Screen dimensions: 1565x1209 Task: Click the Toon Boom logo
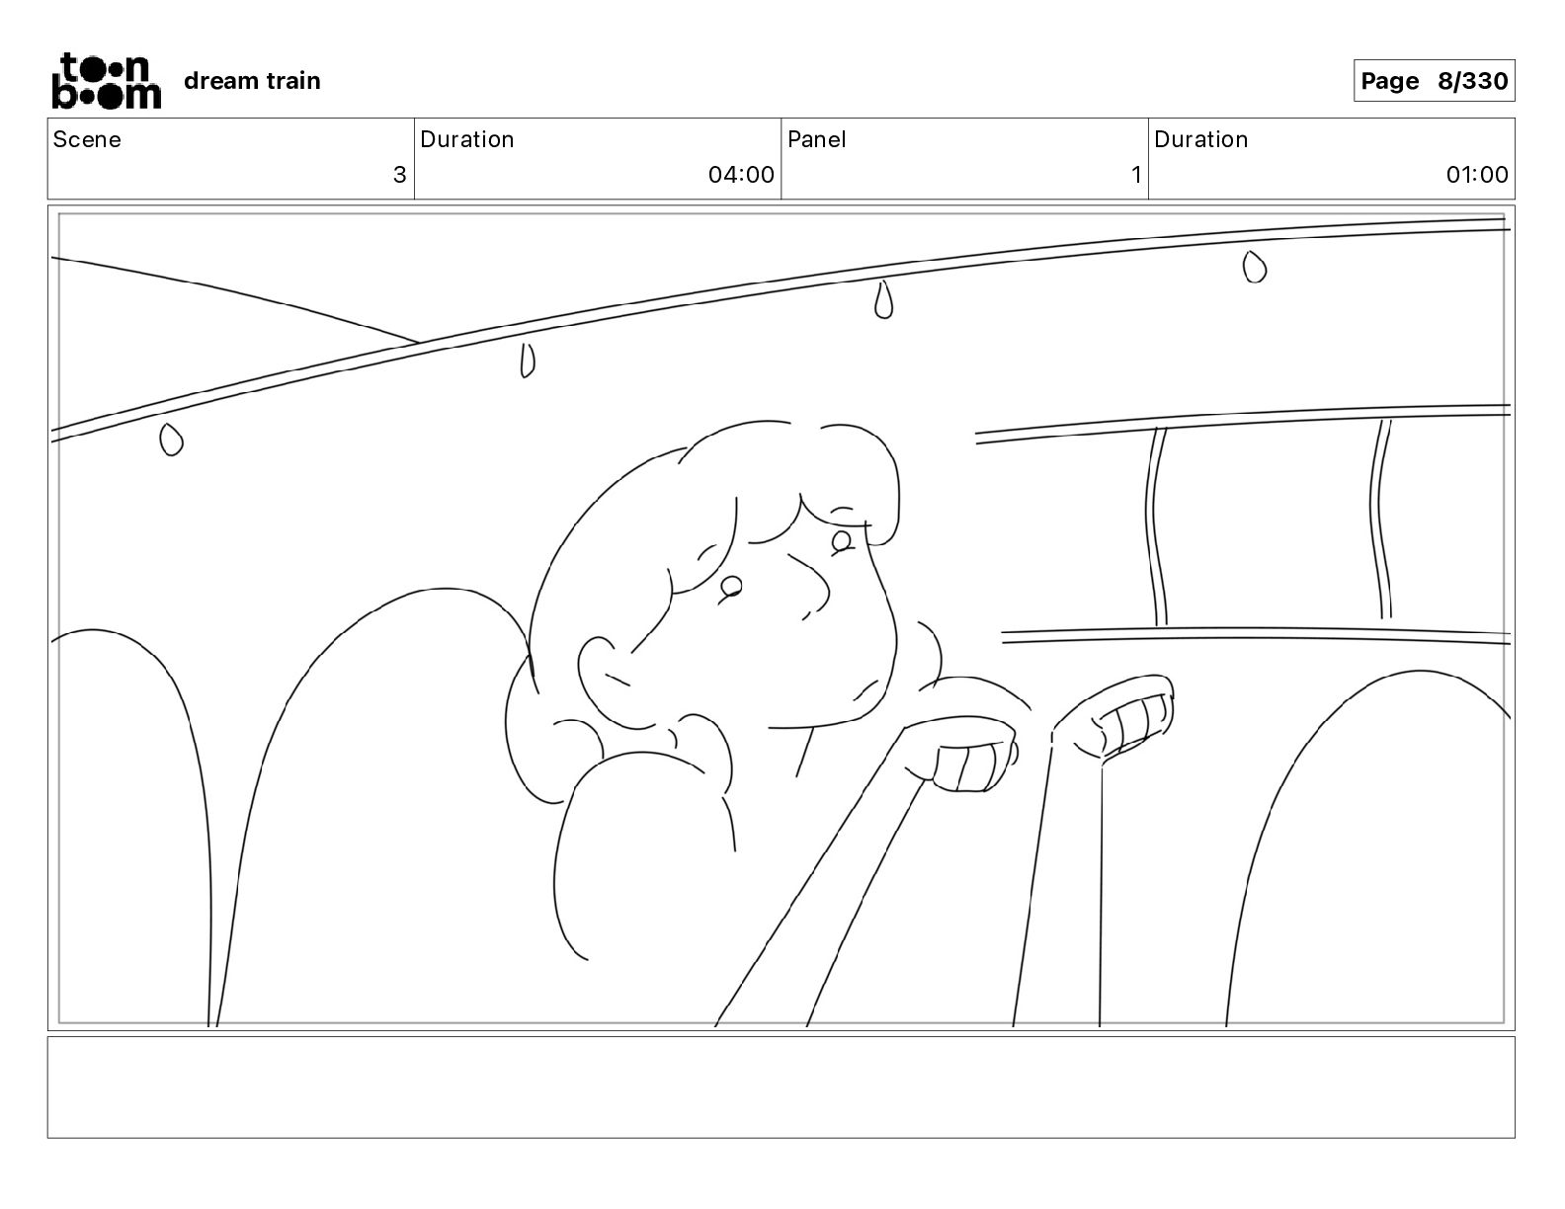point(106,81)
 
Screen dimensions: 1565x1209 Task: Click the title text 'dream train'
point(252,81)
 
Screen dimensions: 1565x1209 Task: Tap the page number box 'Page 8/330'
point(1433,81)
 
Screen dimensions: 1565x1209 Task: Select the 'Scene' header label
point(87,139)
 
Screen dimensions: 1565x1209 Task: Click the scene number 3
point(399,175)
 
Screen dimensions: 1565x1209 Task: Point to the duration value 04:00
point(741,175)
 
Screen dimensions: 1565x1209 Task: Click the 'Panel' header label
point(817,139)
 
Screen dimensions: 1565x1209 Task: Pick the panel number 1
point(1136,175)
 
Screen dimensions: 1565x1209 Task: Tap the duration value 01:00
point(1477,175)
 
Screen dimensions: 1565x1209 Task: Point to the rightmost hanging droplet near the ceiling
point(1255,266)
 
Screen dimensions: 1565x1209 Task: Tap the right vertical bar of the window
point(1381,520)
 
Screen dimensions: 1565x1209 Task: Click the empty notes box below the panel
point(781,1087)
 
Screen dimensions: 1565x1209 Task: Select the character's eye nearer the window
point(843,539)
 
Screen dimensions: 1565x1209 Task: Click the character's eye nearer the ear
point(731,586)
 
